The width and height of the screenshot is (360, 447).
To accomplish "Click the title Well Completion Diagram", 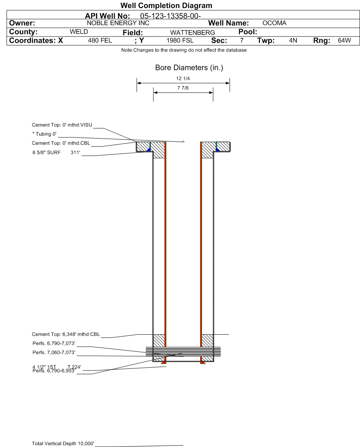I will coord(166,6).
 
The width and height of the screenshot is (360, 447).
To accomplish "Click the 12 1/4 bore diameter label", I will coord(183,78).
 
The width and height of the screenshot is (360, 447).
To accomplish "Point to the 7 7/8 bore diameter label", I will coord(183,88).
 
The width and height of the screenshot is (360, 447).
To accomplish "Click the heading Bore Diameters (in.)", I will coord(183,68).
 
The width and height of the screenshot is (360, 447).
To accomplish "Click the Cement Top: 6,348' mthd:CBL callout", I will coord(66,334).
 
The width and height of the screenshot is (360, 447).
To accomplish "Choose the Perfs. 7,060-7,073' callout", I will coord(54,353).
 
